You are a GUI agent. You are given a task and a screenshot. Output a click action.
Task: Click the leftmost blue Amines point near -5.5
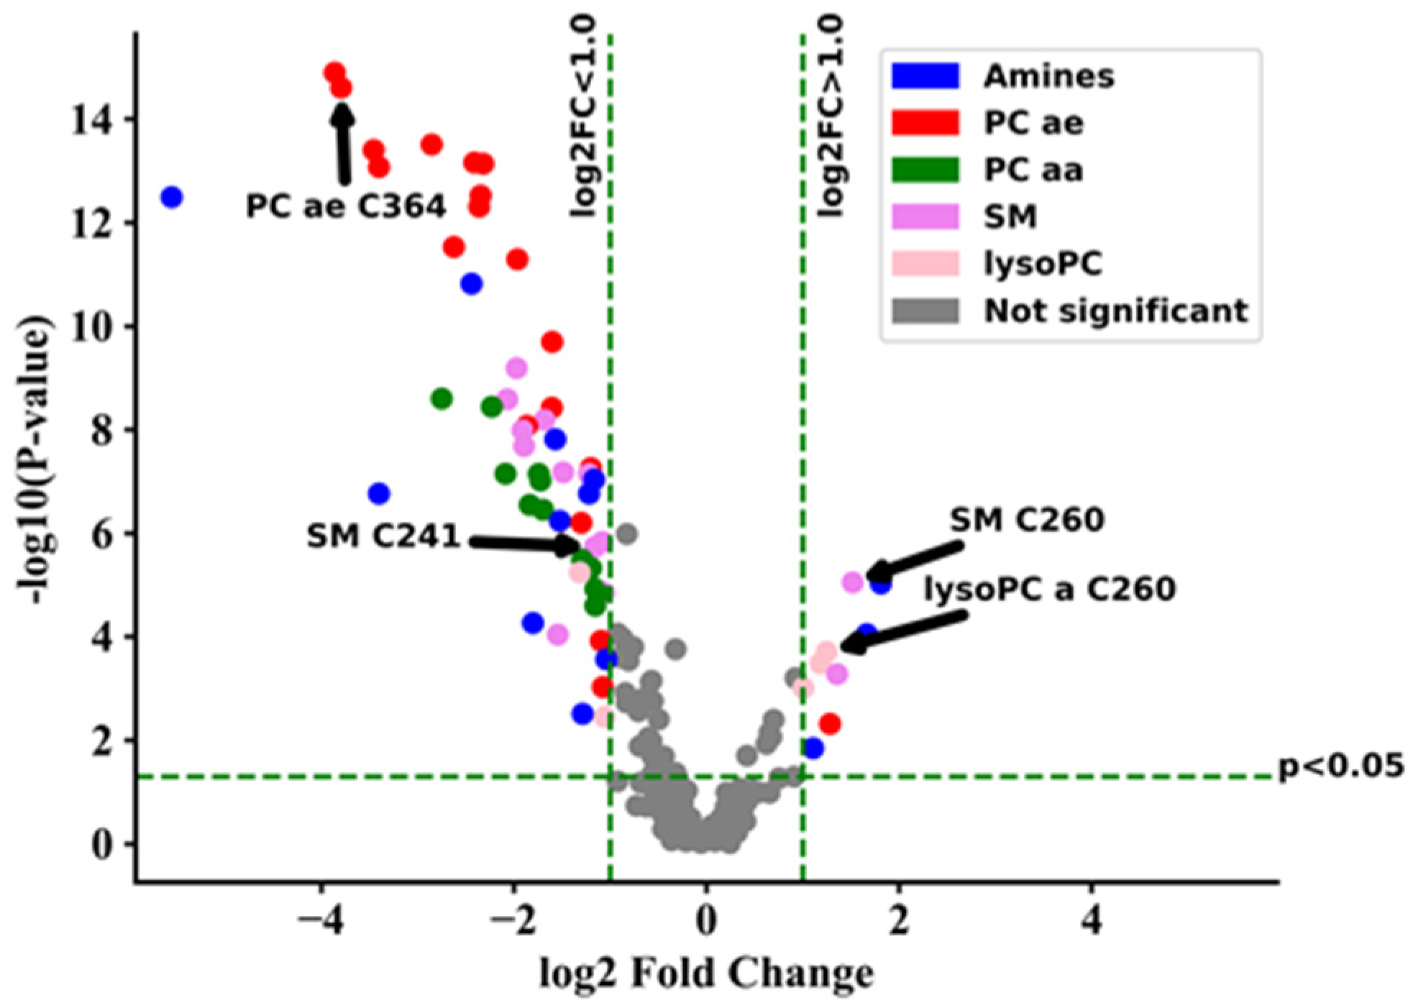click(171, 197)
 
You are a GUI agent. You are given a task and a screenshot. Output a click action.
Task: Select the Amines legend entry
click(1048, 75)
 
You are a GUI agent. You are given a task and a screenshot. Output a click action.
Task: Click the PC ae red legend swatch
click(925, 123)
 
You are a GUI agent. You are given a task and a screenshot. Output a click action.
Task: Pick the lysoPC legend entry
click(1043, 264)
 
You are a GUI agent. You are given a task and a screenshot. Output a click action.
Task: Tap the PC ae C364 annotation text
click(346, 207)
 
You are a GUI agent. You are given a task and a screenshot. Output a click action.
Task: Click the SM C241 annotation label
click(383, 536)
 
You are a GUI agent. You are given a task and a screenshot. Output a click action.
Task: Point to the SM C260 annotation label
click(1027, 520)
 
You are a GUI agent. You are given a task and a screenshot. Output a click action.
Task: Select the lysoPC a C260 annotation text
click(1050, 590)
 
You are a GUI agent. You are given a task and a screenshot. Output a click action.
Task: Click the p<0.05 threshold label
click(1341, 766)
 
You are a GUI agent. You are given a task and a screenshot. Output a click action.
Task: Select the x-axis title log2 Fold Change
click(707, 974)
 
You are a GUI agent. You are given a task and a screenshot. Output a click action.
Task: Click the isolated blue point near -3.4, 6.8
click(379, 494)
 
